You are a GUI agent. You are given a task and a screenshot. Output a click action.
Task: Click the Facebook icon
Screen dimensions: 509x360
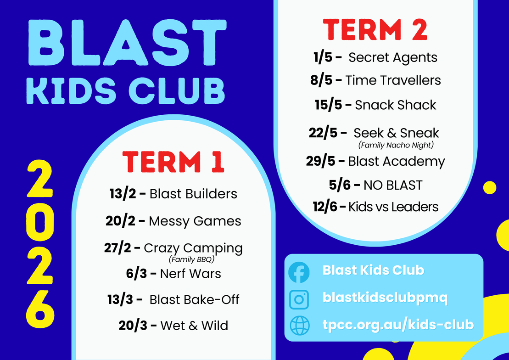pos(299,272)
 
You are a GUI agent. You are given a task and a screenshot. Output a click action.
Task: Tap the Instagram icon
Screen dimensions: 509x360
pos(299,299)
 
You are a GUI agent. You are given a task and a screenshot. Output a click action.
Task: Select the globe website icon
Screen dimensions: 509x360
pos(299,325)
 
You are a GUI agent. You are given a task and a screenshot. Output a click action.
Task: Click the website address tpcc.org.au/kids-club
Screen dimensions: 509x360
pos(398,325)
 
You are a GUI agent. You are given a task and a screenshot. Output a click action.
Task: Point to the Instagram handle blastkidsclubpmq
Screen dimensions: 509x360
pos(385,298)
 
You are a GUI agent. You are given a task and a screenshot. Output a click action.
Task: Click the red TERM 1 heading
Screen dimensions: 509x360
pos(173,162)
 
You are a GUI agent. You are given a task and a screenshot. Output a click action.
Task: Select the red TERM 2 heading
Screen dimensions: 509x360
pos(375,29)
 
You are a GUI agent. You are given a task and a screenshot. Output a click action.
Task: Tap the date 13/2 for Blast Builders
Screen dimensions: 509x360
pos(123,194)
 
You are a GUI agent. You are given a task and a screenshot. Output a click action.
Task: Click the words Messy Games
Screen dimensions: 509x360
pos(195,221)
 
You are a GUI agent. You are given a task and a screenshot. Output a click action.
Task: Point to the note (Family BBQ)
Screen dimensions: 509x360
pos(191,259)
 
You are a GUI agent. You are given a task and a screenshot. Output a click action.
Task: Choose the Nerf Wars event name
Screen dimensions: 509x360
pos(190,274)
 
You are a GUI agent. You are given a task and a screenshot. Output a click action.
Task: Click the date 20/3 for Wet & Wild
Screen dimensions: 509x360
pos(133,325)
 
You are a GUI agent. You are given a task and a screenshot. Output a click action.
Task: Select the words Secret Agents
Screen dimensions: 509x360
pos(393,57)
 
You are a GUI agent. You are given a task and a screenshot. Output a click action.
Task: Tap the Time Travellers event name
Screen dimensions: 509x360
pos(393,80)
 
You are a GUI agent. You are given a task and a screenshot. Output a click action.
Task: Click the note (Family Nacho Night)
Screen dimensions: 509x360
pos(396,145)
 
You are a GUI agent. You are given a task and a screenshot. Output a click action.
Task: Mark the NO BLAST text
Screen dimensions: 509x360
pos(393,185)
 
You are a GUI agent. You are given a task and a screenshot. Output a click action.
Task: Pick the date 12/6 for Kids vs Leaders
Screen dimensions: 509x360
pos(325,207)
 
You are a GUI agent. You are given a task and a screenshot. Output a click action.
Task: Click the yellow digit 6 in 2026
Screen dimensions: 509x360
pos(40,309)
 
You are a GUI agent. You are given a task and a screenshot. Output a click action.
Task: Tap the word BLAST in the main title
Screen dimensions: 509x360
pos(127,43)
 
